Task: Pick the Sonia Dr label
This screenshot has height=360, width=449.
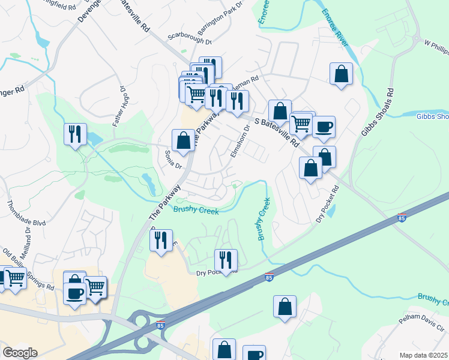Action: click(x=173, y=160)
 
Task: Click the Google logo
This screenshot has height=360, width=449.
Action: click(x=20, y=353)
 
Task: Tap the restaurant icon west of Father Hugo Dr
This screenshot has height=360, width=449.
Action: click(x=75, y=134)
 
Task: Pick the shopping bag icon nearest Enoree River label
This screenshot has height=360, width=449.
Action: click(x=341, y=74)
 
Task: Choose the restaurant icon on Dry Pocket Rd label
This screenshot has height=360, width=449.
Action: click(x=226, y=260)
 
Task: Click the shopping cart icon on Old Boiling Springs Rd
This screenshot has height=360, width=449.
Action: click(x=15, y=277)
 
